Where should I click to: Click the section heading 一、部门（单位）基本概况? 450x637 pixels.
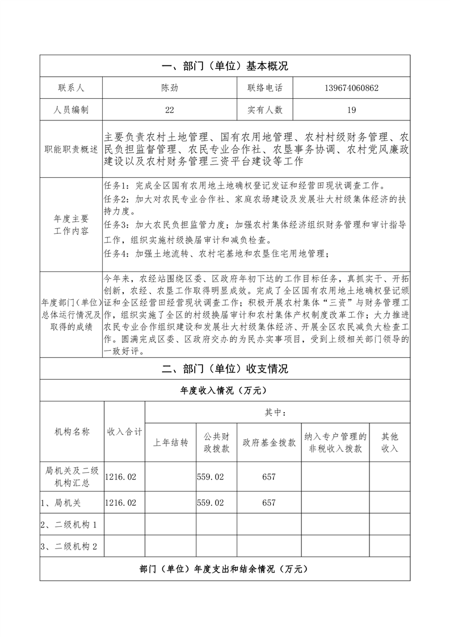click(225, 66)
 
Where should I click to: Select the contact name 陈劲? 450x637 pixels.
click(169, 88)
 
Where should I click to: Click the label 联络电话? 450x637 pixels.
click(264, 88)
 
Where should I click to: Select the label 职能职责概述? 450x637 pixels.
click(71, 149)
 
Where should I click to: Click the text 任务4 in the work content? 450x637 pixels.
click(118, 254)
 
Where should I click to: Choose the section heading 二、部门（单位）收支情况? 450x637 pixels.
click(225, 368)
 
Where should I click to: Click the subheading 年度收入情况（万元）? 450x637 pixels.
click(225, 391)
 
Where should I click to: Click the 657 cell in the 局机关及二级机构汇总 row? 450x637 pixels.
click(269, 477)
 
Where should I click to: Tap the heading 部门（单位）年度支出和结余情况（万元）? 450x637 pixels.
click(225, 568)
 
